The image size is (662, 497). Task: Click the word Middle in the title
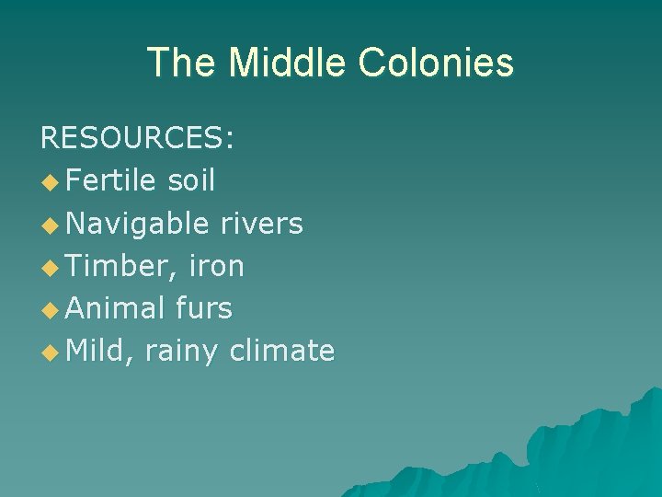coord(288,63)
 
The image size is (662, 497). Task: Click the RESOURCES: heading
coord(137,139)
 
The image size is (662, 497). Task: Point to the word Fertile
coord(110,181)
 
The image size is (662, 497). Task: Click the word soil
coord(191,181)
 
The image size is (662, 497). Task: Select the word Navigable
coord(138,224)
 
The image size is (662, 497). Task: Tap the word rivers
coord(261,224)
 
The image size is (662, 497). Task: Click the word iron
coord(216,266)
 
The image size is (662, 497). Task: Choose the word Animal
coord(115,308)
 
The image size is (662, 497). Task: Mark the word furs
coord(204,308)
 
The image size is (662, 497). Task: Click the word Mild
coord(99,351)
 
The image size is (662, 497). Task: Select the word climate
coord(282,351)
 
